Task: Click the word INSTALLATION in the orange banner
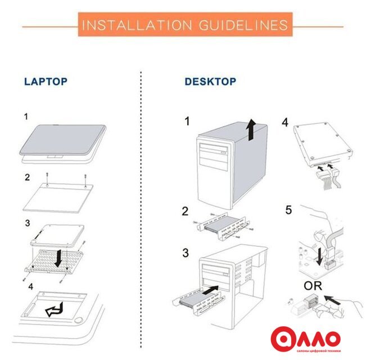[137, 25]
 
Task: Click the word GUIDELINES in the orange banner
[243, 25]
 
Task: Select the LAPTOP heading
[46, 82]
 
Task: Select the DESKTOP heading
[210, 82]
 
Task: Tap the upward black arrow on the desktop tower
[251, 129]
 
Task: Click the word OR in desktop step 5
[313, 286]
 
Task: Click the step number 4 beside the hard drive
[285, 123]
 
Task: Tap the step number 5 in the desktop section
[288, 210]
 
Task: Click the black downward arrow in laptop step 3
[58, 258]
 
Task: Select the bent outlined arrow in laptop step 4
[55, 310]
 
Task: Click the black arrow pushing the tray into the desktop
[210, 290]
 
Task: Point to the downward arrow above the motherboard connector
[319, 256]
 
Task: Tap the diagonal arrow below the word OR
[332, 300]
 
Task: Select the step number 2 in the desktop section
[185, 211]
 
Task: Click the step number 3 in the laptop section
[28, 223]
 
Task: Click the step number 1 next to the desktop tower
[187, 121]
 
